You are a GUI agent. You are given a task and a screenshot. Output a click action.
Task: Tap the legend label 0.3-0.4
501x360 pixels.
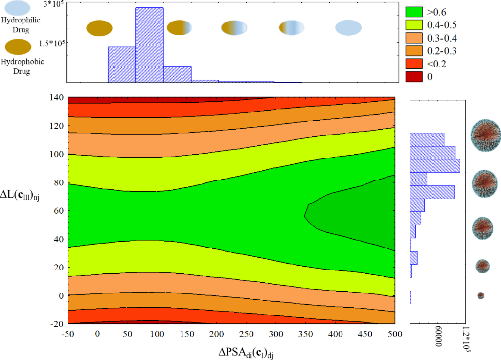click(x=443, y=38)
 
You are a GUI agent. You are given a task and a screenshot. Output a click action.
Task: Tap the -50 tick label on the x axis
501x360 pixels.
click(x=68, y=335)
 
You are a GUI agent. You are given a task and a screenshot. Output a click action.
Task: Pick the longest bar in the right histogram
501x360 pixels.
click(x=434, y=166)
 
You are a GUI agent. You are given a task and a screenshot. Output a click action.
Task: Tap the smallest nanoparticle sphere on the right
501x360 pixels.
click(x=480, y=295)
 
